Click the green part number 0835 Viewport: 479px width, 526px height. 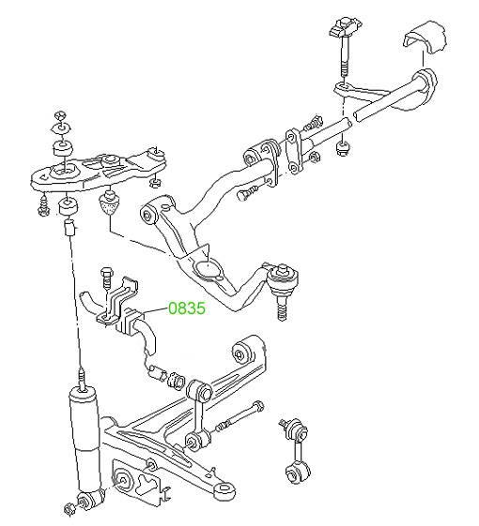click(187, 308)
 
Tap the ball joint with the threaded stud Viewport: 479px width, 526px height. click(282, 289)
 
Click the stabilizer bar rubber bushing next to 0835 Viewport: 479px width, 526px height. click(129, 322)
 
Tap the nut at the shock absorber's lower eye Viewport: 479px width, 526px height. click(69, 510)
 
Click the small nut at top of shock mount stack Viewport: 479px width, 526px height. click(60, 116)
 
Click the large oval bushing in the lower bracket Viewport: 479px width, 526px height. click(123, 480)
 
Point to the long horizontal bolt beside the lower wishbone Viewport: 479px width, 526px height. click(239, 416)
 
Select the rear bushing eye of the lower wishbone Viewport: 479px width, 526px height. click(243, 354)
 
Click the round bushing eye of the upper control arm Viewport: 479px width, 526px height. click(149, 214)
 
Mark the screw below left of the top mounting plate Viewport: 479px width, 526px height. click(44, 205)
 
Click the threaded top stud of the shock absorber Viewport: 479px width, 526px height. click(82, 379)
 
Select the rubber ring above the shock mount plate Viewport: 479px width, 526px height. click(63, 148)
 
